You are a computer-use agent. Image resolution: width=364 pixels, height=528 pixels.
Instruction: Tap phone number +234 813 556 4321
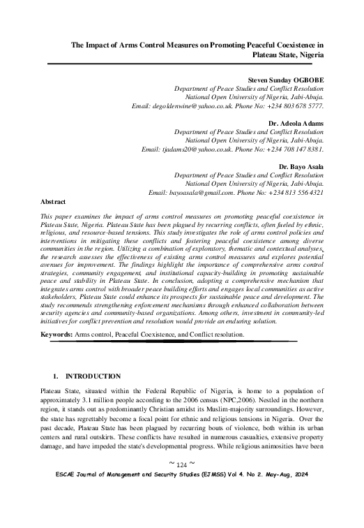pos(298,191)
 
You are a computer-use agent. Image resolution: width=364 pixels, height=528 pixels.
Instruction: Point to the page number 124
pos(181,504)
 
